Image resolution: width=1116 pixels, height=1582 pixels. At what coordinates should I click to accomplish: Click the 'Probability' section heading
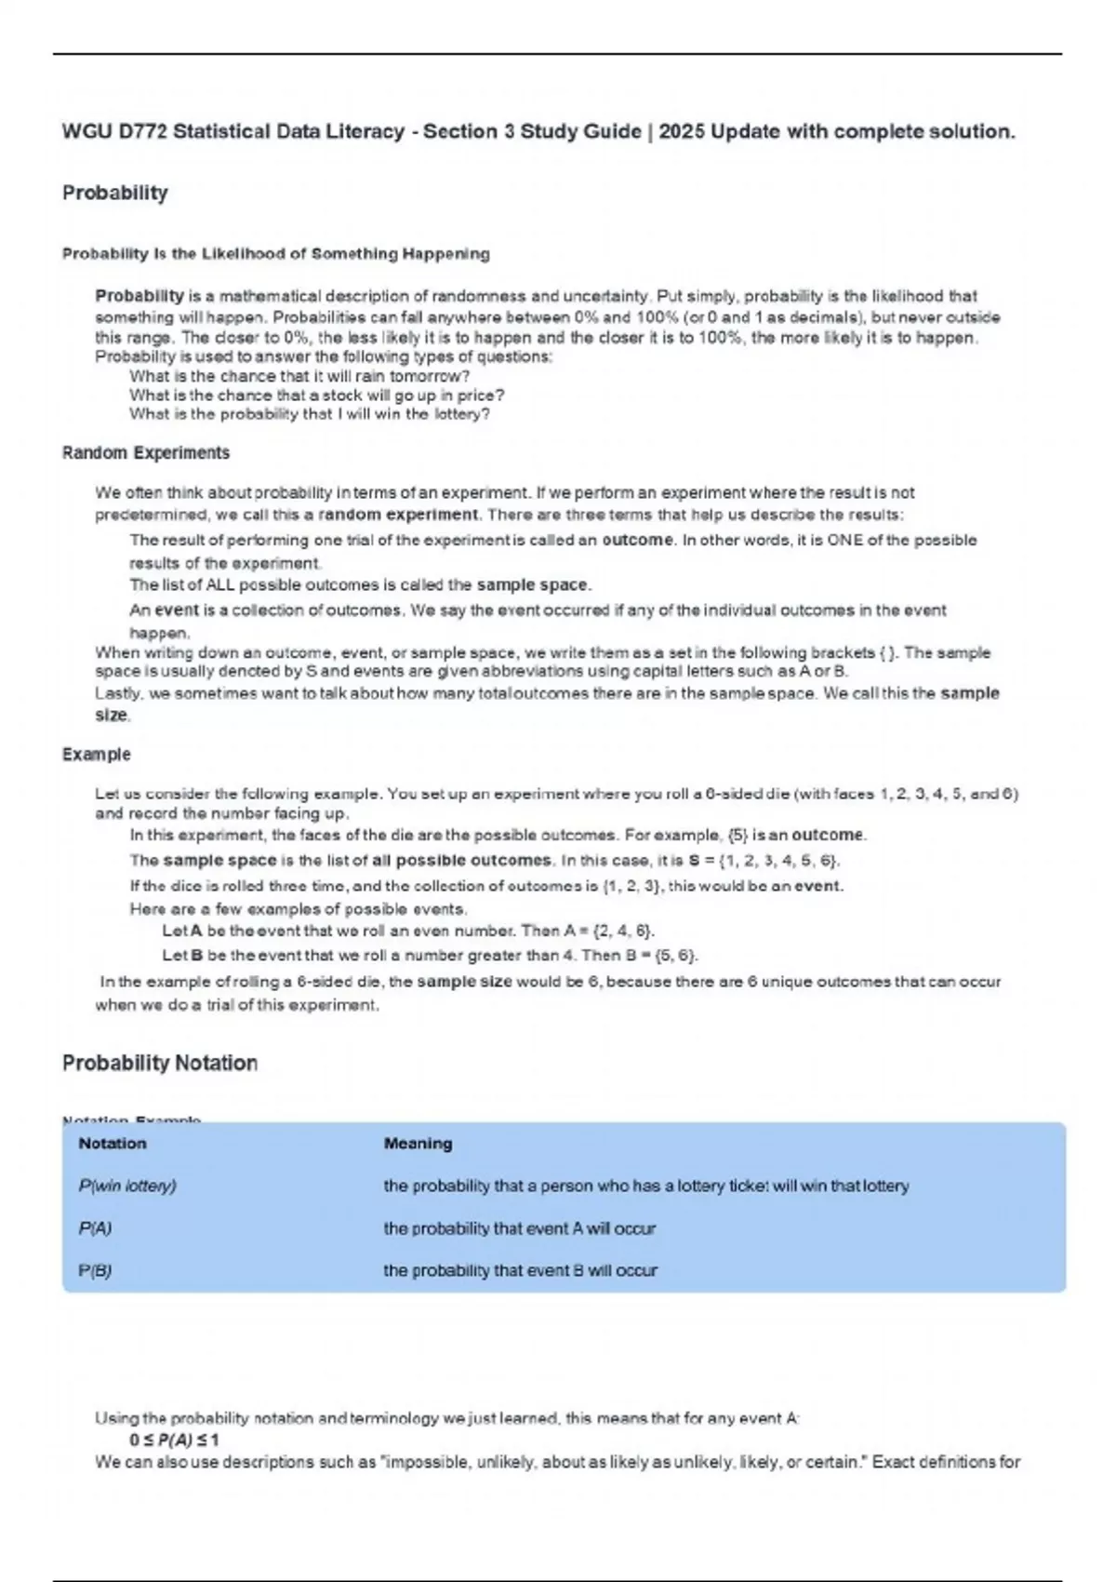pos(114,193)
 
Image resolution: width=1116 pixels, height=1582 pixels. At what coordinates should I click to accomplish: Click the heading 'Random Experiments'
pos(145,453)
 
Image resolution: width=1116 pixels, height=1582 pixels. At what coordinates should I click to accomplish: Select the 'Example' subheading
pos(96,755)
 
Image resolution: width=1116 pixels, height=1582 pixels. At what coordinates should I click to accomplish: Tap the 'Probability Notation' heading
pos(159,1063)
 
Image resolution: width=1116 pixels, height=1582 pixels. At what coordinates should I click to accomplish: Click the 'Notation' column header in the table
pos(112,1144)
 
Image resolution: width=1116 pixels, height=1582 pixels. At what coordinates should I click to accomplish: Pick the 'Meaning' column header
pos(418,1144)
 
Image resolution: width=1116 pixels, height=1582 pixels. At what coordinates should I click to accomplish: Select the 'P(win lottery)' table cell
pos(127,1186)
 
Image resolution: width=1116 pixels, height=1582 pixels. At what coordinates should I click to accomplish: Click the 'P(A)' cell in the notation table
pos(95,1228)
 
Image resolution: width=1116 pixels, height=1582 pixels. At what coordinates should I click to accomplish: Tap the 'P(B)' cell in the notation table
pos(95,1271)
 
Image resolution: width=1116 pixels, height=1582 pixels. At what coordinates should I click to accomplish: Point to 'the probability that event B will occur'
pos(520,1271)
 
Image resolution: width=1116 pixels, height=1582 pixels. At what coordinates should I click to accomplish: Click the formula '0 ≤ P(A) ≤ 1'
pos(175,1441)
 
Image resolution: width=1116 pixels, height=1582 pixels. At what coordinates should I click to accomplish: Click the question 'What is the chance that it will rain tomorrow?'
pos(299,377)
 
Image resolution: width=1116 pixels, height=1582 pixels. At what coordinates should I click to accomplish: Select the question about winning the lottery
pos(309,414)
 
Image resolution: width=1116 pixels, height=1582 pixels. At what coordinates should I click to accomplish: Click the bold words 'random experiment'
pos(398,515)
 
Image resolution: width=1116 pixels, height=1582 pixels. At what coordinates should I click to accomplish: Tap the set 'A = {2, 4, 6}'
pos(608,931)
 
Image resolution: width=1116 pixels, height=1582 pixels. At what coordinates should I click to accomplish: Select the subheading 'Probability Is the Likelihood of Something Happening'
pos(275,254)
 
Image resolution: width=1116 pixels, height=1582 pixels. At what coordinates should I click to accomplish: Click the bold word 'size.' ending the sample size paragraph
pos(112,716)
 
